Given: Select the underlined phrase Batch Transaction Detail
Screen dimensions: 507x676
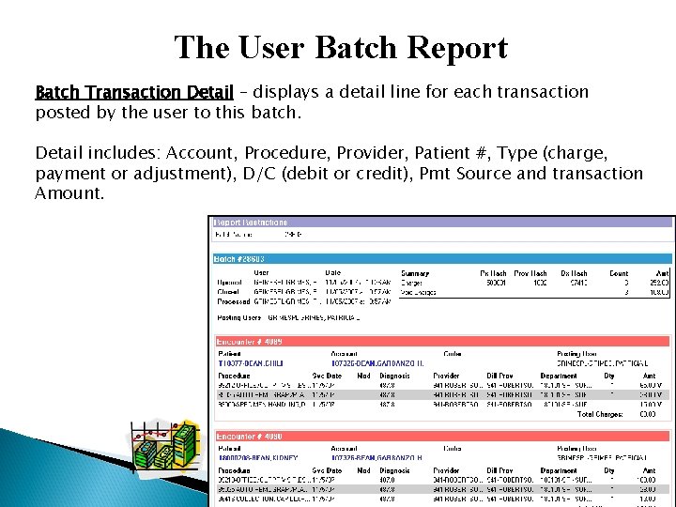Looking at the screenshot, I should pyautogui.click(x=134, y=92).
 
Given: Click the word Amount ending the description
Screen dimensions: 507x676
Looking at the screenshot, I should pyautogui.click(x=69, y=192).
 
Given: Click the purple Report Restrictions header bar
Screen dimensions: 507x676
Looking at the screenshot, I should pyautogui.click(x=441, y=223).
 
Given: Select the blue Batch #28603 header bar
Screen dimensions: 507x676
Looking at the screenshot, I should pyautogui.click(x=441, y=258).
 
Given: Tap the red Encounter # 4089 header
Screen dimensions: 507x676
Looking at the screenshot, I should pyautogui.click(x=441, y=342).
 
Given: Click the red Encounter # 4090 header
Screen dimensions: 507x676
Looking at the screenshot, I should pyautogui.click(x=441, y=436).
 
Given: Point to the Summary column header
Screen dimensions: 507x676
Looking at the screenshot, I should pyautogui.click(x=415, y=272).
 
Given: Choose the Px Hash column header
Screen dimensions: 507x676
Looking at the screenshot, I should pyautogui.click(x=493, y=272).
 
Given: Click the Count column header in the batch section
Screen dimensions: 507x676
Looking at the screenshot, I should pyautogui.click(x=619, y=272).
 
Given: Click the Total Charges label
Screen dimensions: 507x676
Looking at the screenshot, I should pyautogui.click(x=598, y=413).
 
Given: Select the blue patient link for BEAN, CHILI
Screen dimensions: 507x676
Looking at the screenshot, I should pyautogui.click(x=251, y=363).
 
